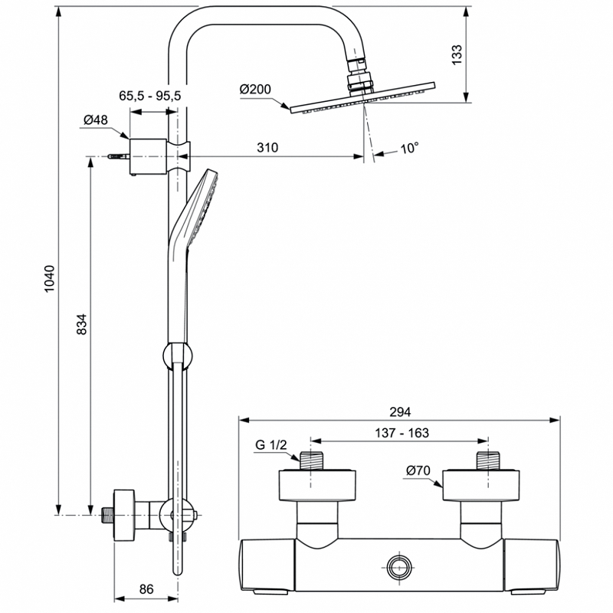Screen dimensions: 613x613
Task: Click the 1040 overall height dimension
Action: pyautogui.click(x=49, y=279)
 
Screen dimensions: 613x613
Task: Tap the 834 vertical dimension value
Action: pyautogui.click(x=81, y=323)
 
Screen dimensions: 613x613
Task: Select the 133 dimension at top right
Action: pyautogui.click(x=457, y=54)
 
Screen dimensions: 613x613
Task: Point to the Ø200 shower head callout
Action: pyautogui.click(x=255, y=89)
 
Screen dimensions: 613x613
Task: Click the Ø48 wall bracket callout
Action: pyautogui.click(x=96, y=120)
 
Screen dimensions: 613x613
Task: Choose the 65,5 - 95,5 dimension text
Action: pyautogui.click(x=150, y=95)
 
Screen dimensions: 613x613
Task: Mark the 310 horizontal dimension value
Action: pyautogui.click(x=267, y=147)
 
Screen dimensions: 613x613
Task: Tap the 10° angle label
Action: pyautogui.click(x=409, y=148)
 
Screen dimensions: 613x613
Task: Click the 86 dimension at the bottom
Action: pyautogui.click(x=146, y=588)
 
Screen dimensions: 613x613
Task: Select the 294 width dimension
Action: pyautogui.click(x=400, y=411)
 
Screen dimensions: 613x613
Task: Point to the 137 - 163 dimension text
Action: pyautogui.click(x=402, y=433)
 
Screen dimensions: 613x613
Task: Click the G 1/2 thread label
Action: pyautogui.click(x=271, y=444)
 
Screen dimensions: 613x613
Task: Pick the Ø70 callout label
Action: pyautogui.click(x=418, y=470)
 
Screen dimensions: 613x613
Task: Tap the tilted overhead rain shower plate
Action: pyautogui.click(x=362, y=98)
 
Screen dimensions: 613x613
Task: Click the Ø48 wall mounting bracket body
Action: pyautogui.click(x=149, y=156)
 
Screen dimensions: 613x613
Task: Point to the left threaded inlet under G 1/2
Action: pyautogui.click(x=311, y=461)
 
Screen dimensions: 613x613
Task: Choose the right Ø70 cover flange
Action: pyautogui.click(x=481, y=485)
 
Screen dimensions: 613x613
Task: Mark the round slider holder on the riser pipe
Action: pyautogui.click(x=178, y=356)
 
